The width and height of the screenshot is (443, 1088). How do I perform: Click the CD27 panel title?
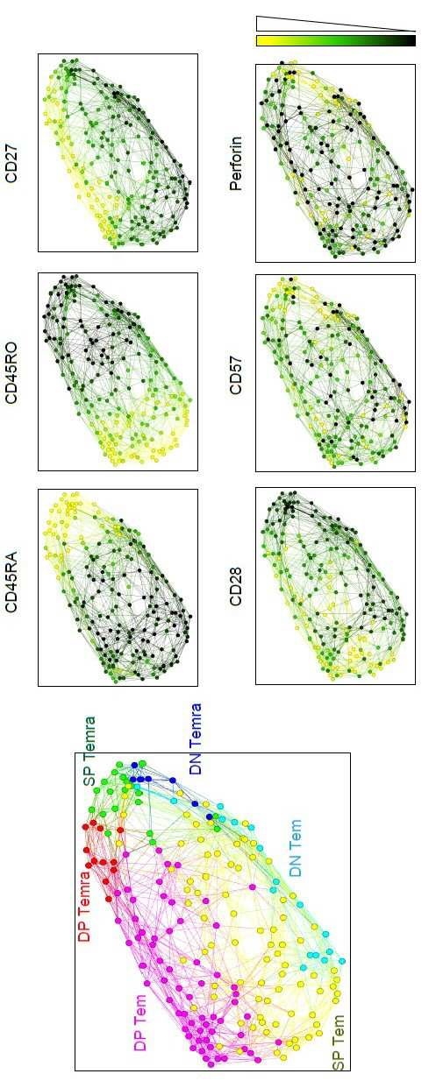tap(11, 166)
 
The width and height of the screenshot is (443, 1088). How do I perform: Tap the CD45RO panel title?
tap(11, 373)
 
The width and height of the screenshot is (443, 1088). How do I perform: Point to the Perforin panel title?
tap(236, 163)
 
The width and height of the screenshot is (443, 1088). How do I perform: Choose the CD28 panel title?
tap(236, 587)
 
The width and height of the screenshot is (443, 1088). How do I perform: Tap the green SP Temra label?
tap(89, 752)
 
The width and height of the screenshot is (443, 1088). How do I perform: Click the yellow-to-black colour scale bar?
tap(336, 40)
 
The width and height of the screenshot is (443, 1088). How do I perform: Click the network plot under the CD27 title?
tap(118, 152)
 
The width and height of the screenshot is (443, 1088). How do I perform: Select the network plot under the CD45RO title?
tap(118, 371)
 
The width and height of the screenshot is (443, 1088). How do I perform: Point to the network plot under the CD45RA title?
tap(118, 587)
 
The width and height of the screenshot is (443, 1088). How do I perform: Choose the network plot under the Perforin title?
tap(335, 163)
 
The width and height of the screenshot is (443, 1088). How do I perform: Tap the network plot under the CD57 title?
tap(335, 373)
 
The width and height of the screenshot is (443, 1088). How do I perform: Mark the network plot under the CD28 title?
tap(335, 586)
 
